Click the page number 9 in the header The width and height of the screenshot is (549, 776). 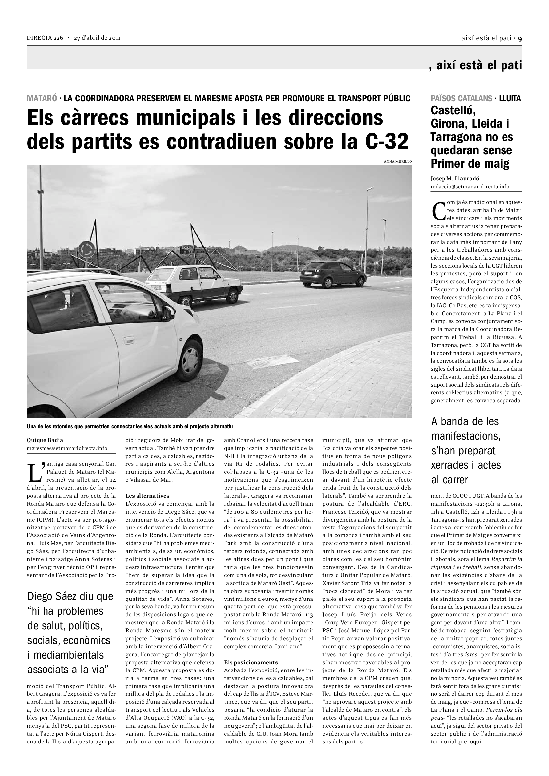(520, 38)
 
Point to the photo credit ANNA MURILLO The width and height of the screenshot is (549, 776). (398, 161)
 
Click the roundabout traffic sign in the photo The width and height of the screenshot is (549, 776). (87, 249)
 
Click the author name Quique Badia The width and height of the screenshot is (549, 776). (45, 440)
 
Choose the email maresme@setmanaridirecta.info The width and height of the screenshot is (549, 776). (67, 448)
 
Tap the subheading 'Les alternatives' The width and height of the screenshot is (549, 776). (147, 496)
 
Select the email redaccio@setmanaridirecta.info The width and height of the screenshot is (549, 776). (470, 186)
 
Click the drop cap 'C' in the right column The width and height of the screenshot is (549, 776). (438, 211)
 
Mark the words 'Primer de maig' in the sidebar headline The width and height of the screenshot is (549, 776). (470, 164)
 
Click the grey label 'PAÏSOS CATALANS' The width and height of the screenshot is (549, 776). (461, 98)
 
